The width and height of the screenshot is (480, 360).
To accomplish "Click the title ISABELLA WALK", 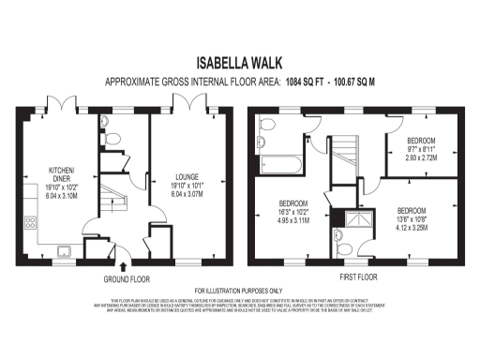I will [x=239, y=64].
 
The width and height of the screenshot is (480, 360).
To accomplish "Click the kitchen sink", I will [x=65, y=249].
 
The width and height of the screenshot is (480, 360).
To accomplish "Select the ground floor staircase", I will [x=112, y=198].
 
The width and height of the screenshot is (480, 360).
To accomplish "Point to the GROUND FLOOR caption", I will [x=126, y=279].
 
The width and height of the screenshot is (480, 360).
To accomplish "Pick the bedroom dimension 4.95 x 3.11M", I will [x=292, y=218].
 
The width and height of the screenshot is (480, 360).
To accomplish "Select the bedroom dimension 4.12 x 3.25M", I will [x=413, y=226].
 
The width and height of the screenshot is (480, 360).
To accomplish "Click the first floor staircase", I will [x=346, y=156].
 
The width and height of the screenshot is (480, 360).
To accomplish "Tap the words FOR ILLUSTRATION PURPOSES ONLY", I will [x=239, y=292].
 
